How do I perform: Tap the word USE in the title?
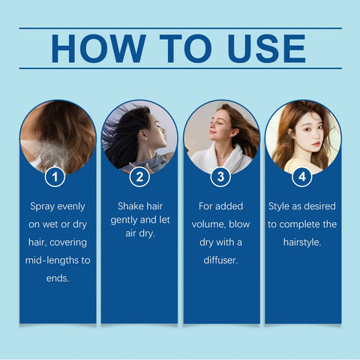[x=261, y=47]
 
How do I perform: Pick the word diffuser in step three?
[x=221, y=259]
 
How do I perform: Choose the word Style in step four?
[x=281, y=205]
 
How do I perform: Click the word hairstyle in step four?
[x=303, y=241]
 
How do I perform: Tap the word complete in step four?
[x=297, y=223]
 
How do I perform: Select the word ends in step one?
[x=57, y=277]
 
